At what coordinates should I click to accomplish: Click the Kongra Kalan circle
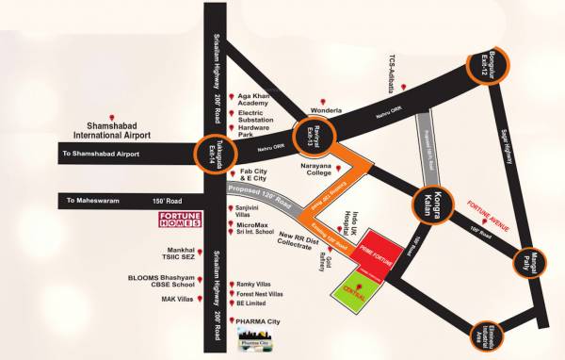429,205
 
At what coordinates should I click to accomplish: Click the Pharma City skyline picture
250,338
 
